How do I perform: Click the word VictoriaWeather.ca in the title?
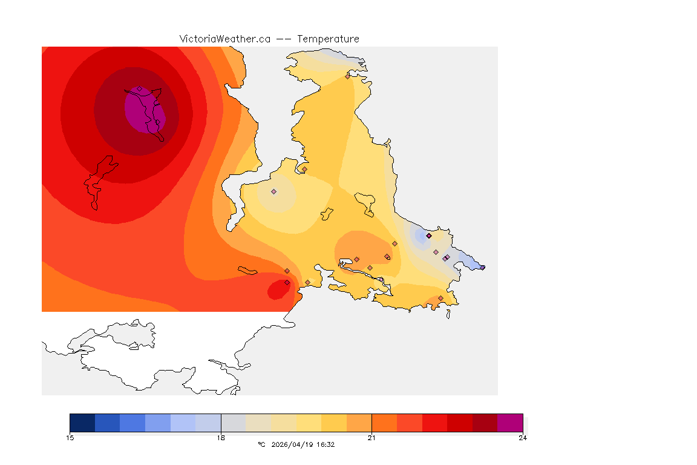tap(224, 39)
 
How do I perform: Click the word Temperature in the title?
tap(328, 39)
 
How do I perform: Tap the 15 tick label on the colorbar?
tap(70, 438)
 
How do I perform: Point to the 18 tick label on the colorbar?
tap(221, 438)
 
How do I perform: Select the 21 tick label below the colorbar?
tap(371, 438)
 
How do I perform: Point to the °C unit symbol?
tap(261, 444)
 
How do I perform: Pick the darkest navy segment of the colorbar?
tap(82, 423)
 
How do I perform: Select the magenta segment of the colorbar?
tap(510, 423)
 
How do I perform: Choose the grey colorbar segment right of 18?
tap(234, 423)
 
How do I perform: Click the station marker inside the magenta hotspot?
tap(139, 89)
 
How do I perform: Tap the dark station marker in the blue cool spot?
tap(428, 236)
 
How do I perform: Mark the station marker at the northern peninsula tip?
tap(347, 76)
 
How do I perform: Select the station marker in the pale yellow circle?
tap(273, 191)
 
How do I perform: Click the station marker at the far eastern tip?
tap(482, 267)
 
